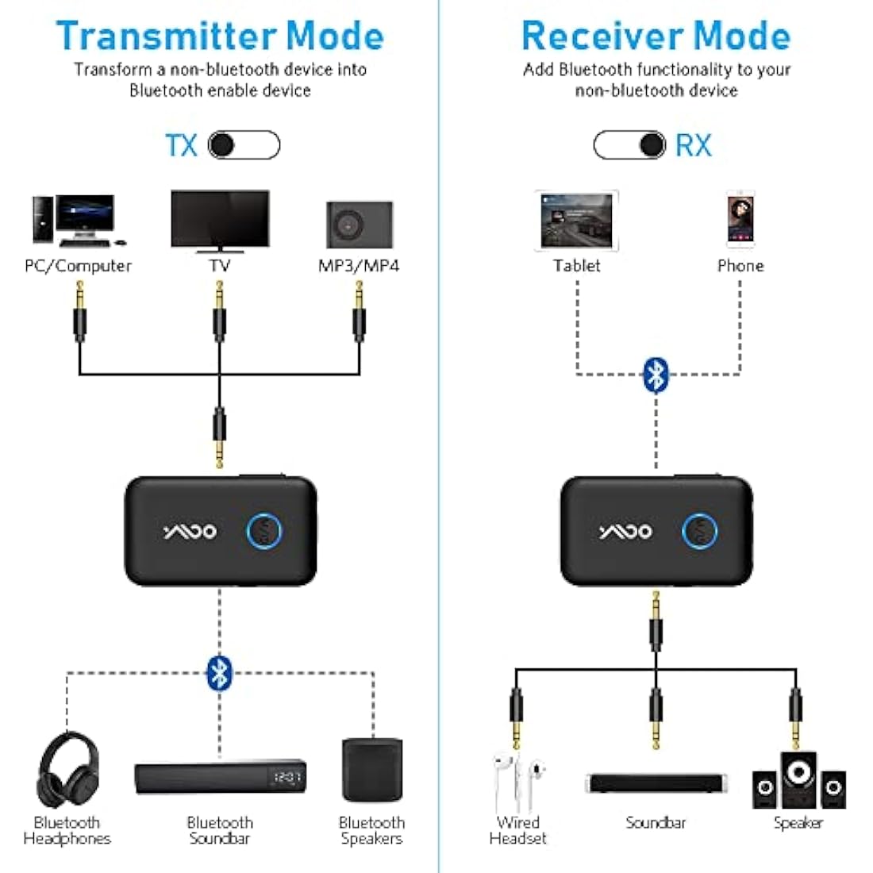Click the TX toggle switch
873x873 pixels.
(244, 145)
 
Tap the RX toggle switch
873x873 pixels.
(629, 145)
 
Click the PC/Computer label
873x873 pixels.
(78, 266)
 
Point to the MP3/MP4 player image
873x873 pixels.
(360, 225)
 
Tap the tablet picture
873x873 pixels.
(577, 221)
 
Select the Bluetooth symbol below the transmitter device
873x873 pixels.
(219, 673)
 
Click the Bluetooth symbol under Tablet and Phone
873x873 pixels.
(656, 375)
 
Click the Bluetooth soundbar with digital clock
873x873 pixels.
(220, 778)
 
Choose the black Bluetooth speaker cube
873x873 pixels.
(371, 770)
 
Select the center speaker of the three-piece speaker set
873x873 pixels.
(798, 779)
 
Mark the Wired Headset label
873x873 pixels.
(517, 830)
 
